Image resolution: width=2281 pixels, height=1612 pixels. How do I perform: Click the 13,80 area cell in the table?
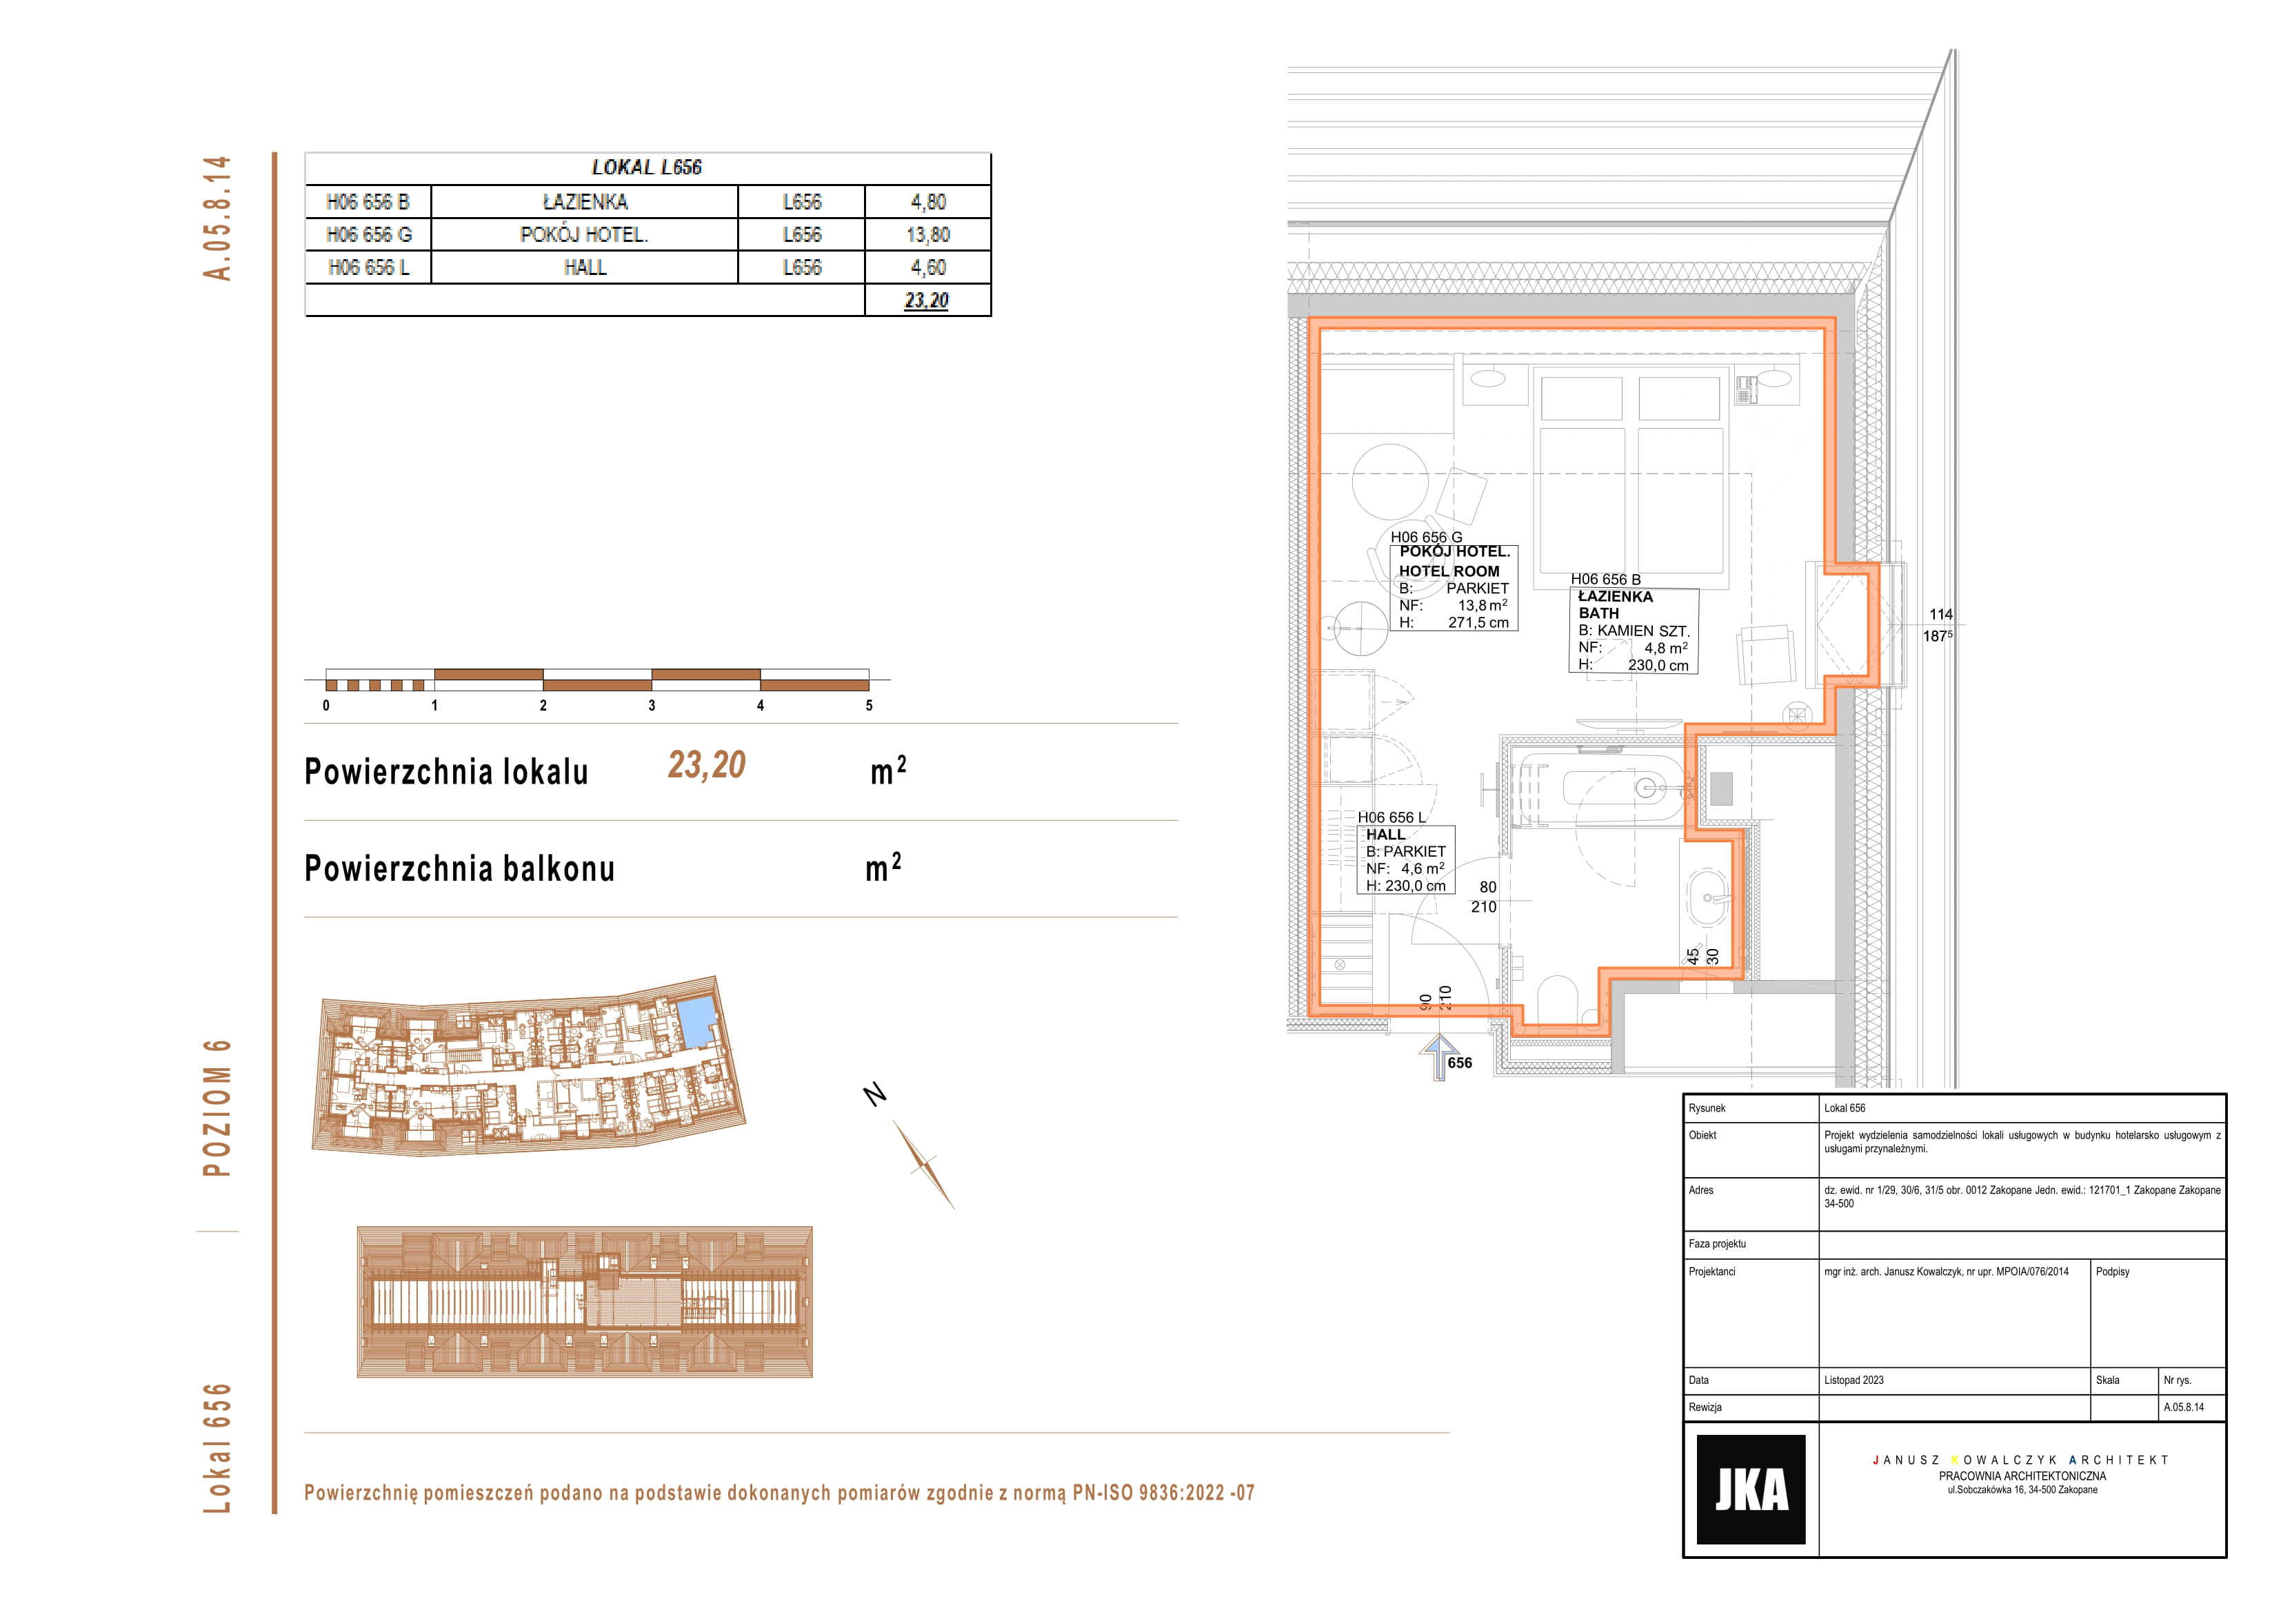pos(928,234)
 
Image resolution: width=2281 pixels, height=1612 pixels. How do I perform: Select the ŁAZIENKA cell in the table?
pos(585,202)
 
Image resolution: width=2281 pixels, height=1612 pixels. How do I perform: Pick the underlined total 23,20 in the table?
pos(927,300)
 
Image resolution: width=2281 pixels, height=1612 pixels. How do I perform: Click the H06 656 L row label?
pos(369,267)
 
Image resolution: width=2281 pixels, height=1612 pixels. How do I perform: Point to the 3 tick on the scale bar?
pos(652,705)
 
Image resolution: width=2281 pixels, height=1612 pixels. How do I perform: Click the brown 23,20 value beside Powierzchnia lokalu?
pos(706,765)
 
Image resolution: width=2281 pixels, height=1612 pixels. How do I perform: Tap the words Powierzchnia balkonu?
pos(460,868)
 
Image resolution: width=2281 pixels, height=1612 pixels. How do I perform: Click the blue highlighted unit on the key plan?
pos(697,1022)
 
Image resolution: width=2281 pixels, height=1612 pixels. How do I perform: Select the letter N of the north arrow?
pos(874,1094)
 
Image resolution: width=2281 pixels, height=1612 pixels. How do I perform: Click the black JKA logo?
pos(1751,1489)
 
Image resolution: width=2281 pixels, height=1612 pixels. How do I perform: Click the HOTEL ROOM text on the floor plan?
pos(1449,571)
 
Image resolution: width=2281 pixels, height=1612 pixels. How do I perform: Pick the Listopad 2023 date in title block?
pos(1853,1380)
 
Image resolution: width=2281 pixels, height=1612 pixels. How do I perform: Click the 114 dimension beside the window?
pos(1941,615)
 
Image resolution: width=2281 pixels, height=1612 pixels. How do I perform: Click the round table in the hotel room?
pos(1390,482)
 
